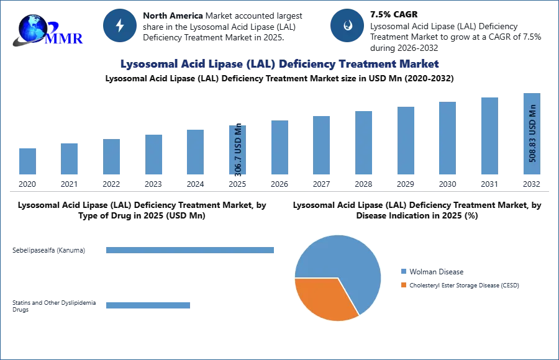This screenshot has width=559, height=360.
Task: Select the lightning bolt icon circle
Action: pyautogui.click(x=120, y=25)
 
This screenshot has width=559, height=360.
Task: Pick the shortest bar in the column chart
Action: pyautogui.click(x=27, y=161)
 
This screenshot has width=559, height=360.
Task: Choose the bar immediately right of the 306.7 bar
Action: pyautogui.click(x=278, y=148)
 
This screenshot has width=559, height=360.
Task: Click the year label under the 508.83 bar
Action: pyautogui.click(x=532, y=184)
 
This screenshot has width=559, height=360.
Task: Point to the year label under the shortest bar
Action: pyautogui.click(x=27, y=184)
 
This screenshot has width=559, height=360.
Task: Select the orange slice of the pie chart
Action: pyautogui.click(x=323, y=297)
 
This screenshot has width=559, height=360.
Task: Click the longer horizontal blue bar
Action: pyautogui.click(x=191, y=249)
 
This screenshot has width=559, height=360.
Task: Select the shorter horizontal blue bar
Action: pyautogui.click(x=148, y=305)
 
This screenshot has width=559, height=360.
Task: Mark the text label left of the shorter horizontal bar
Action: pyautogui.click(x=55, y=305)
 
